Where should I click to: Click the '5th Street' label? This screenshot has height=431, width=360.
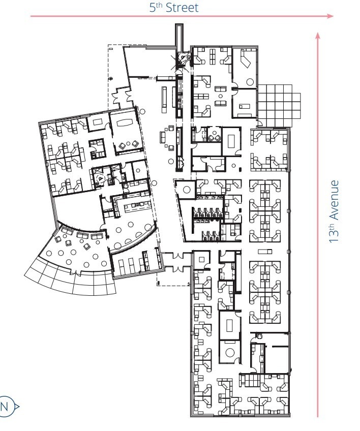[x=174, y=7]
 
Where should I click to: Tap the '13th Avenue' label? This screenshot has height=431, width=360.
[x=334, y=211]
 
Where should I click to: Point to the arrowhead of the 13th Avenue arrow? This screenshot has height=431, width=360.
[x=318, y=36]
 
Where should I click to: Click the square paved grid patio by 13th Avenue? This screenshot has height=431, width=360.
[x=278, y=104]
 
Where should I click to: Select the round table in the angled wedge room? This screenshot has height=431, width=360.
[x=187, y=190]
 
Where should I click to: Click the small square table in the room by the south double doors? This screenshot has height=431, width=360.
[x=202, y=260]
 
